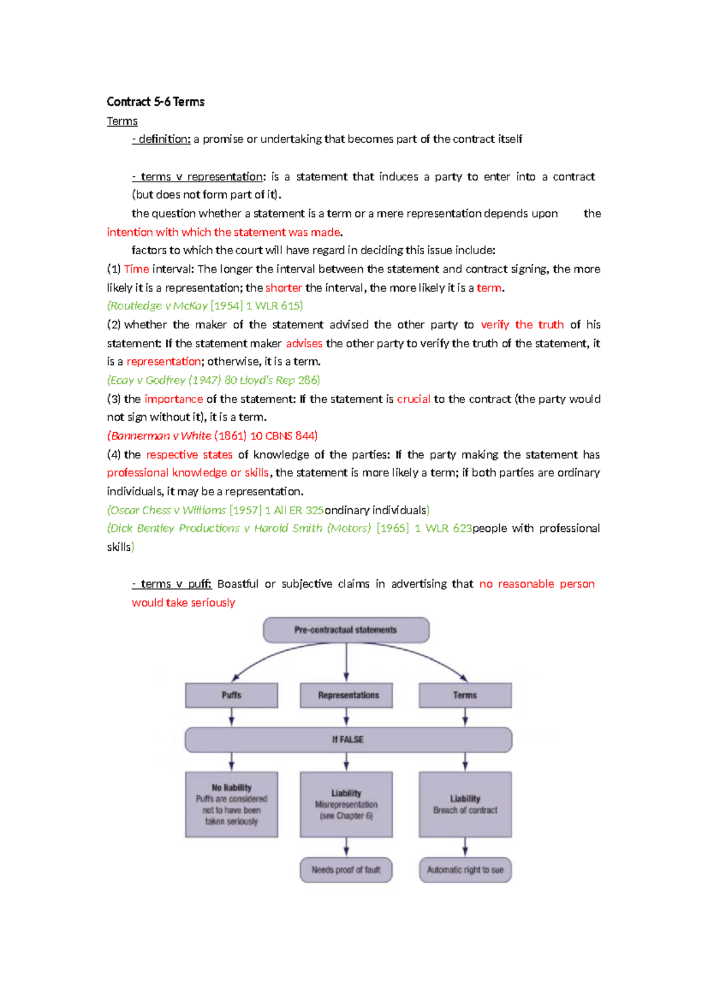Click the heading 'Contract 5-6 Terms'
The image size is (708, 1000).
155,102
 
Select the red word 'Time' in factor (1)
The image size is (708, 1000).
136,269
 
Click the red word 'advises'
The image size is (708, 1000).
304,343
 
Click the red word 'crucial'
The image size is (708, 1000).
414,399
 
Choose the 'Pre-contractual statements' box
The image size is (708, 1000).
346,630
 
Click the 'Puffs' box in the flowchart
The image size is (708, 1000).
231,695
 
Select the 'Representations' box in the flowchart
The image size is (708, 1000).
346,695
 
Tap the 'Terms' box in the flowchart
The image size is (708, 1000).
465,695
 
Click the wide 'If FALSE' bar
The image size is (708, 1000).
348,739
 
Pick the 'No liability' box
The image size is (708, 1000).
231,804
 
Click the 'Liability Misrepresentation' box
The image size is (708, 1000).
346,804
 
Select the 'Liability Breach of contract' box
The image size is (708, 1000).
465,804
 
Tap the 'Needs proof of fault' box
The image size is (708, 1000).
346,870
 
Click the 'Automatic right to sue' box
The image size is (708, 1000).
465,870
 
